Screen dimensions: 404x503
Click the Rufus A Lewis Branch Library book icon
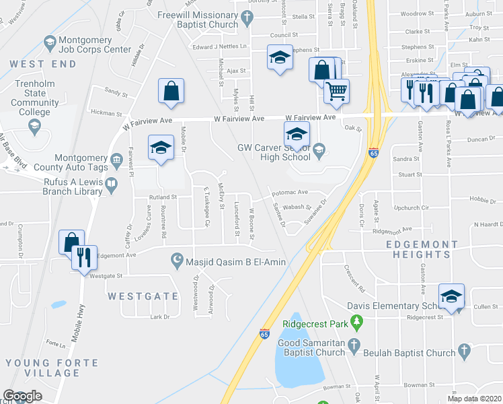[111, 182]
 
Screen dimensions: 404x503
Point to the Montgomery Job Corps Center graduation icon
[49, 42]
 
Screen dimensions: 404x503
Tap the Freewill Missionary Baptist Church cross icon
[247, 18]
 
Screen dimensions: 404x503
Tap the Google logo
[22, 396]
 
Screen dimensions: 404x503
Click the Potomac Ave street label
[289, 193]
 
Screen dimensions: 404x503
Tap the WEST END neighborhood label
[44, 63]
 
